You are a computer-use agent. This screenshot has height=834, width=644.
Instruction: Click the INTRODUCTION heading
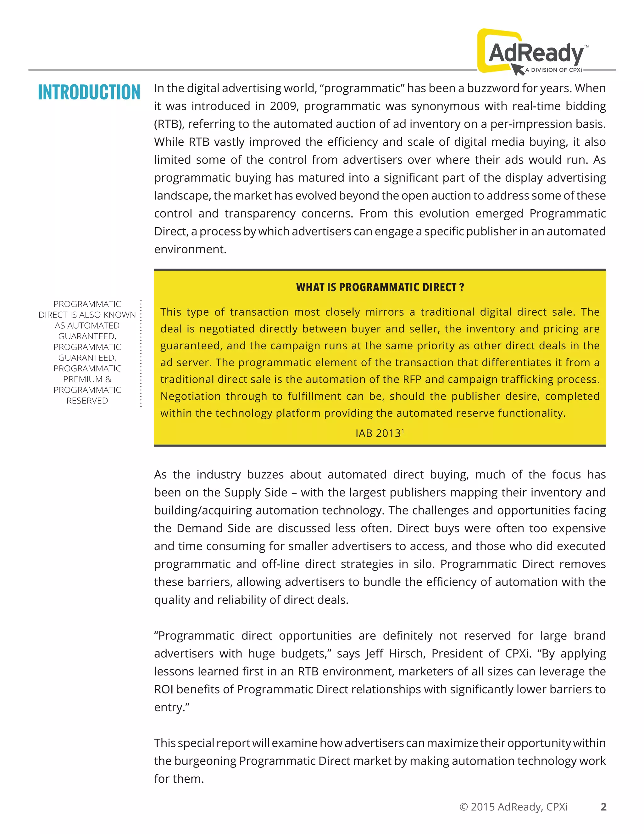89,93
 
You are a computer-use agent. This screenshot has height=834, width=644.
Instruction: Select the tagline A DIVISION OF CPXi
553,70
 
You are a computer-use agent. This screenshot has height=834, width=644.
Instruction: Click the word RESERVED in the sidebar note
87,401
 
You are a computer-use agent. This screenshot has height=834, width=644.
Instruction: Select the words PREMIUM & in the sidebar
87,379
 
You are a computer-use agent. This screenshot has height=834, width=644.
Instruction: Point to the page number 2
603,807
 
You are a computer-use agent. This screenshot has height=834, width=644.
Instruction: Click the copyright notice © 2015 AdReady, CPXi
514,807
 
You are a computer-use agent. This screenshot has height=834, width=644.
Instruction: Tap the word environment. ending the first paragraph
190,249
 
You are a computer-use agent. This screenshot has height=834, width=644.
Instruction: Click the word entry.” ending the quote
172,707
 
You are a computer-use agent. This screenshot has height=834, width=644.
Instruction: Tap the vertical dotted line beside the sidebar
141,353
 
